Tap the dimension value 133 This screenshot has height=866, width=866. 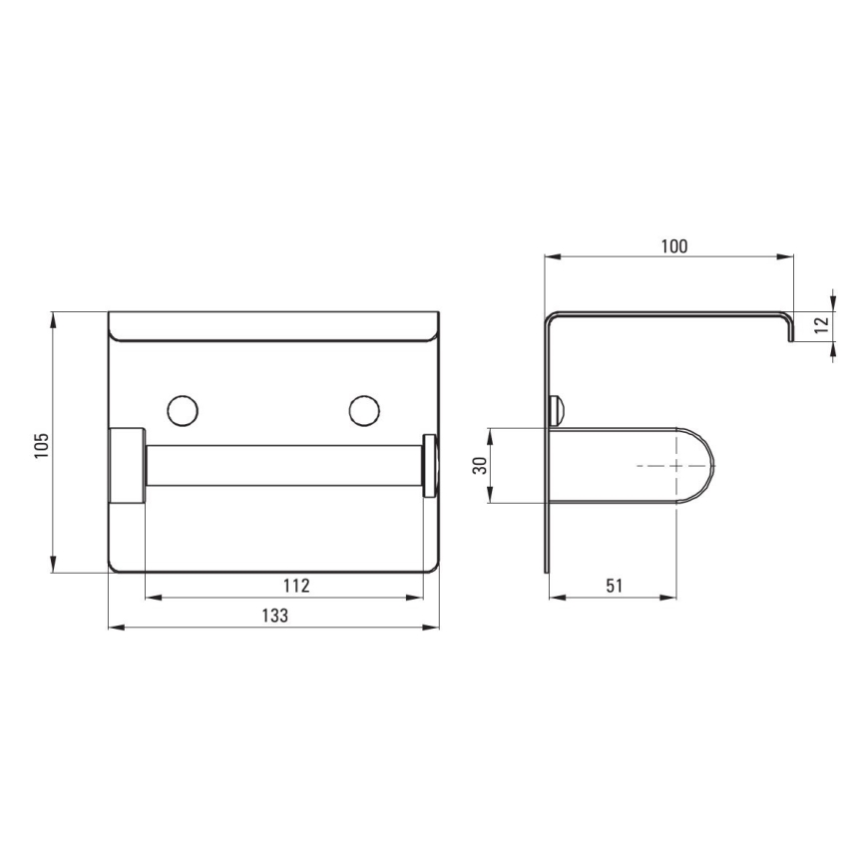[x=274, y=617]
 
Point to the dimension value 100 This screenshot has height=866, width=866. [x=674, y=246]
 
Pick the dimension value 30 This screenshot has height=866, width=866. [x=480, y=466]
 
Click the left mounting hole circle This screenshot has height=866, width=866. [x=183, y=410]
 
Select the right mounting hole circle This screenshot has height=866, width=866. [x=364, y=410]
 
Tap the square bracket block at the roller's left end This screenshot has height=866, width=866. [x=126, y=466]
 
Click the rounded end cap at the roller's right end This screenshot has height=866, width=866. [x=430, y=466]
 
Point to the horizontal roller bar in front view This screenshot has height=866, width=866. [x=283, y=466]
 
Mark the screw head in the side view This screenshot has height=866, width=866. [x=556, y=410]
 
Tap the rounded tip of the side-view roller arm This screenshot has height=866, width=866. [x=706, y=466]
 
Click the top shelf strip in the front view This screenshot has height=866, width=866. [x=273, y=325]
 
